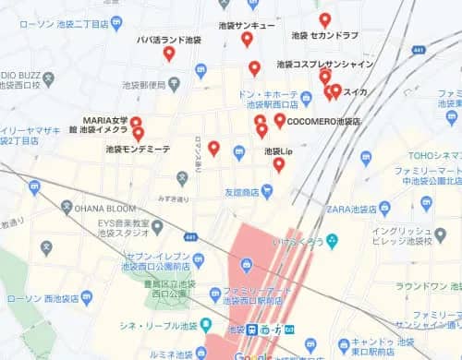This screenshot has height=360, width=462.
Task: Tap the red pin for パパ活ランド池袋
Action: pos(169,53)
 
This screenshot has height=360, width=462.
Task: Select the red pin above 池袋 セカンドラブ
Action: pos(324,19)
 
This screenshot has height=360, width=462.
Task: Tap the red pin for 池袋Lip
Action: pos(278,164)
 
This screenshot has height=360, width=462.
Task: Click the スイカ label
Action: pos(356,91)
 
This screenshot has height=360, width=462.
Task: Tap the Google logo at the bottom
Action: pos(252,356)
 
